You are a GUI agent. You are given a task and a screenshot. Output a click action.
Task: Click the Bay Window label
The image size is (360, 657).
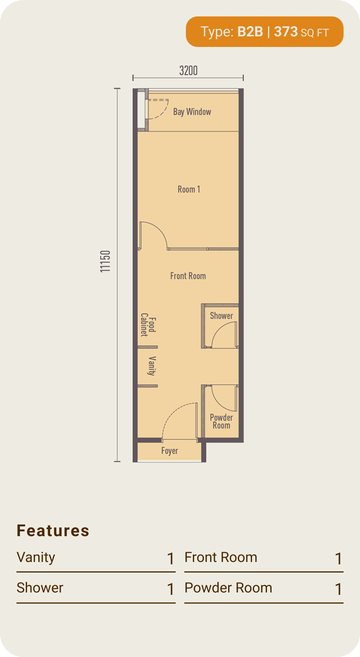click(x=192, y=112)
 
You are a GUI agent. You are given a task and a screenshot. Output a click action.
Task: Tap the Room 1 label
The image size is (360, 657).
click(x=189, y=189)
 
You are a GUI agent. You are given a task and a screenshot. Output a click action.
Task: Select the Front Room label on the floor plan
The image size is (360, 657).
click(x=188, y=276)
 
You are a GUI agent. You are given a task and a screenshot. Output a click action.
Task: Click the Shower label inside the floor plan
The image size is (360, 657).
click(x=221, y=316)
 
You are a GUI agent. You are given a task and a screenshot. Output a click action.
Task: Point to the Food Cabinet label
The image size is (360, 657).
click(x=148, y=325)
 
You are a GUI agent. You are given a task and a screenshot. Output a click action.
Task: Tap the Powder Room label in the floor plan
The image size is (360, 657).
click(x=221, y=421)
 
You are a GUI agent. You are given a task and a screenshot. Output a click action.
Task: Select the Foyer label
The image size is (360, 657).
click(x=169, y=451)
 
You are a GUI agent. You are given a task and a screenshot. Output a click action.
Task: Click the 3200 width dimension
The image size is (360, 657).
click(x=188, y=70)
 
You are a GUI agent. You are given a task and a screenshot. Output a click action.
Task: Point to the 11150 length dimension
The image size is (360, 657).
click(x=105, y=261)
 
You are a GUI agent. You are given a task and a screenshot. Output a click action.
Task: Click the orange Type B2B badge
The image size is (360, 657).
click(x=265, y=32)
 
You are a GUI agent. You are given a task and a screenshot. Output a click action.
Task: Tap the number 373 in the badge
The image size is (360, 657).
click(x=286, y=32)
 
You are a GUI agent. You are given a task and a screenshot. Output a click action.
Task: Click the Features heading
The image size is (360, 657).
click(x=53, y=531)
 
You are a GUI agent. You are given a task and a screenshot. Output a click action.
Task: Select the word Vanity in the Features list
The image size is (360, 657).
click(x=36, y=558)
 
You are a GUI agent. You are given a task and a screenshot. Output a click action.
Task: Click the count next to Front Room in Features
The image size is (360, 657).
click(x=338, y=559)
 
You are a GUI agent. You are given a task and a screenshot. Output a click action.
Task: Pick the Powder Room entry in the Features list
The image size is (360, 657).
click(x=228, y=587)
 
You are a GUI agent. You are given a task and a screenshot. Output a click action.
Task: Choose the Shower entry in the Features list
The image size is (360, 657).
click(x=40, y=587)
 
